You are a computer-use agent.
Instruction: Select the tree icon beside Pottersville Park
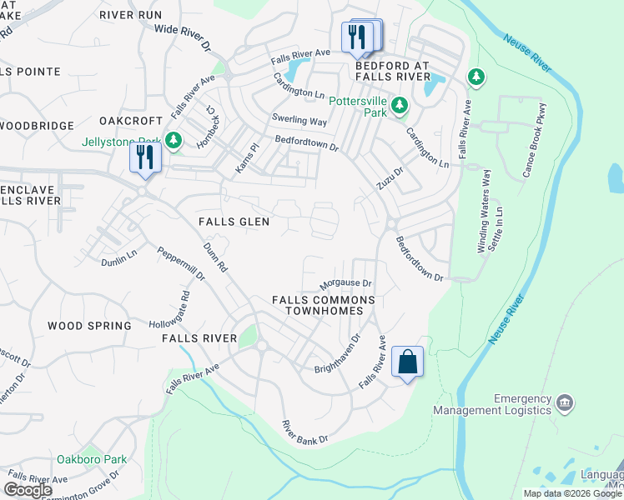400,105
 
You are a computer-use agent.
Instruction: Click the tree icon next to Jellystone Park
174,141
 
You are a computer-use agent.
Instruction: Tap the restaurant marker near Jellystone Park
146,157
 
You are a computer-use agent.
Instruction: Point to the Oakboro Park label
92,459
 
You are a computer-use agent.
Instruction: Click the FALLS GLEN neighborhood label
234,221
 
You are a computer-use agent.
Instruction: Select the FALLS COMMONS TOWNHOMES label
324,305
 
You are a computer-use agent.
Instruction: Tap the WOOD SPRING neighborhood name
89,326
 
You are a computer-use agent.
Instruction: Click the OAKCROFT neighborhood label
129,121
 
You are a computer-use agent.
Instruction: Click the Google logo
28,490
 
